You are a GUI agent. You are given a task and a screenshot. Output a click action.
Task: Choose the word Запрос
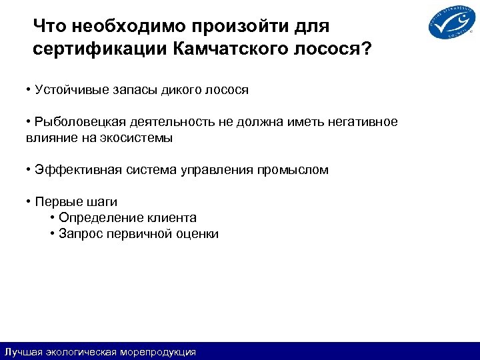click(x=77, y=234)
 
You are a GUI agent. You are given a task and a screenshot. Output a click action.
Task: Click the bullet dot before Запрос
click(x=52, y=234)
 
